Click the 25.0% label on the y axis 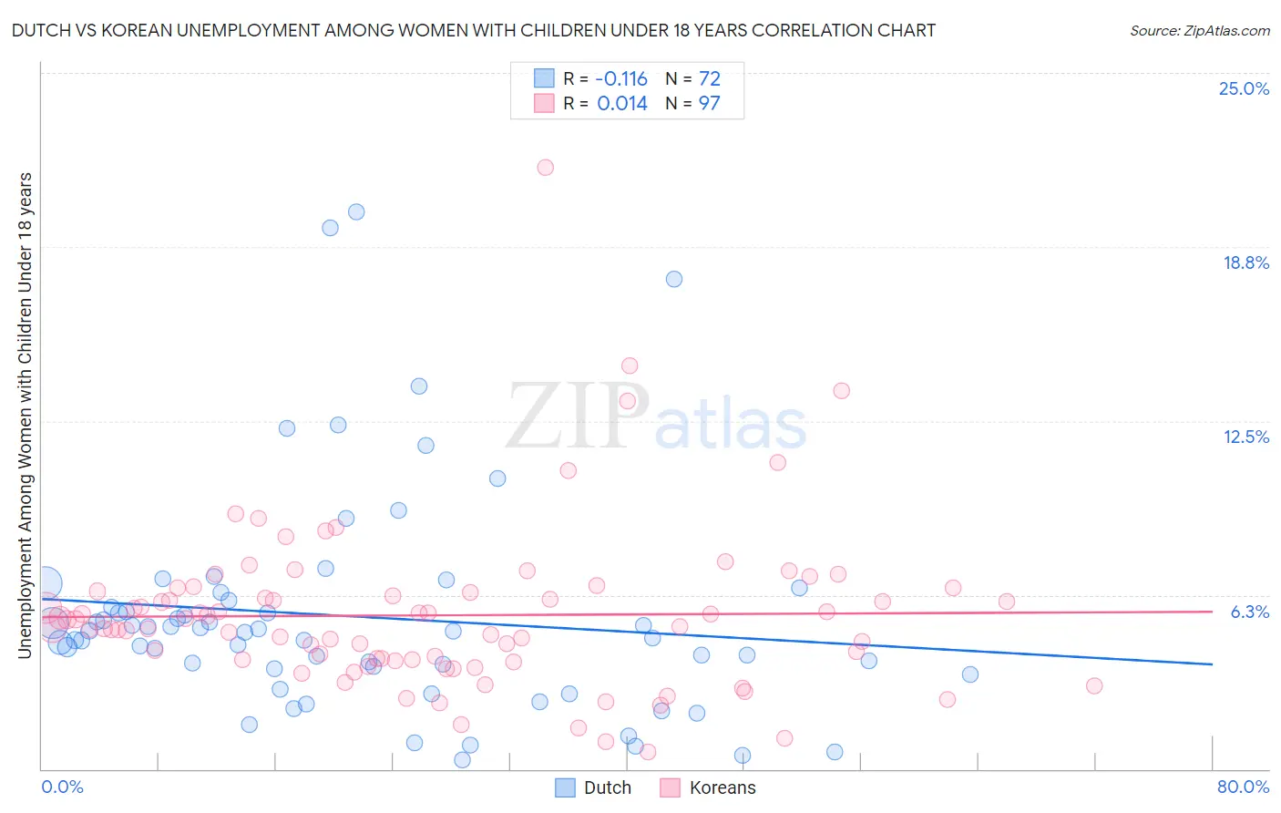1243,89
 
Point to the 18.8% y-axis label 1245,263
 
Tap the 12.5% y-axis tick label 1245,437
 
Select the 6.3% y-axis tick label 1249,612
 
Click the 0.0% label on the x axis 62,787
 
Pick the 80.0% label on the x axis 1242,787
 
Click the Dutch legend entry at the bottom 593,787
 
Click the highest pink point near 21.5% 545,167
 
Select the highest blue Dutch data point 356,211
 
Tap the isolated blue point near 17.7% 673,279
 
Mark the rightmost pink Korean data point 1094,685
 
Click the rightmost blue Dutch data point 969,674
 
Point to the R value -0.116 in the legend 621,79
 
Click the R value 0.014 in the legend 622,104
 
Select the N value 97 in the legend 709,104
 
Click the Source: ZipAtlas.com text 1199,31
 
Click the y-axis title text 26,415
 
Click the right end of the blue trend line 1212,664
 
